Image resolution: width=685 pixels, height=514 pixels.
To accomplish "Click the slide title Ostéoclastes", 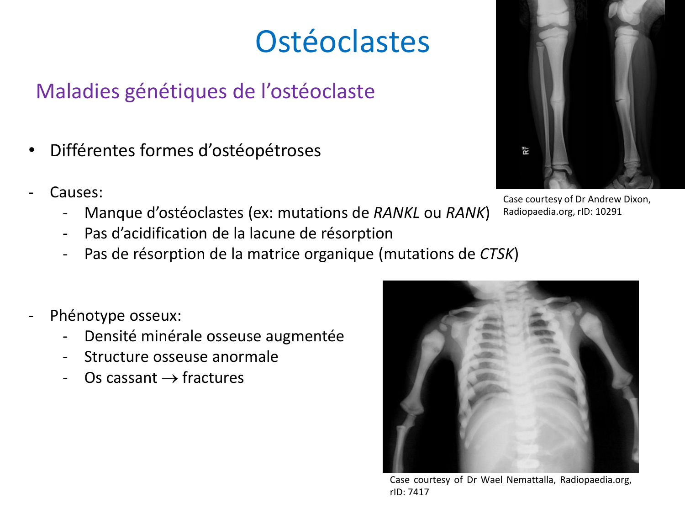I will [342, 42].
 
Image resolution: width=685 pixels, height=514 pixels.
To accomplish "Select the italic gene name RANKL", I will [396, 212].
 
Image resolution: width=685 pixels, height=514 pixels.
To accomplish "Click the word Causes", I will [75, 192].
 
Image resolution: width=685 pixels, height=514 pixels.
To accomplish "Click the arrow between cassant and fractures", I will [169, 378].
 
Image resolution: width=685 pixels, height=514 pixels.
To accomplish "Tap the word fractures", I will [213, 378].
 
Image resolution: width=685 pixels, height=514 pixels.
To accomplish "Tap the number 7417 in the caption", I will [419, 492].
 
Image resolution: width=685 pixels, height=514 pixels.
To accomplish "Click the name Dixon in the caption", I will [636, 199].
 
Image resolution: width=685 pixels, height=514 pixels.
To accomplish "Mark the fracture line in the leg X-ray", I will [620, 99].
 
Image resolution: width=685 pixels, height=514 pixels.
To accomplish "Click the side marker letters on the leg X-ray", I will [526, 150].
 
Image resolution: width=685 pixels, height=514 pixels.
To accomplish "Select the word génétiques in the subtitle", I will [176, 91].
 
